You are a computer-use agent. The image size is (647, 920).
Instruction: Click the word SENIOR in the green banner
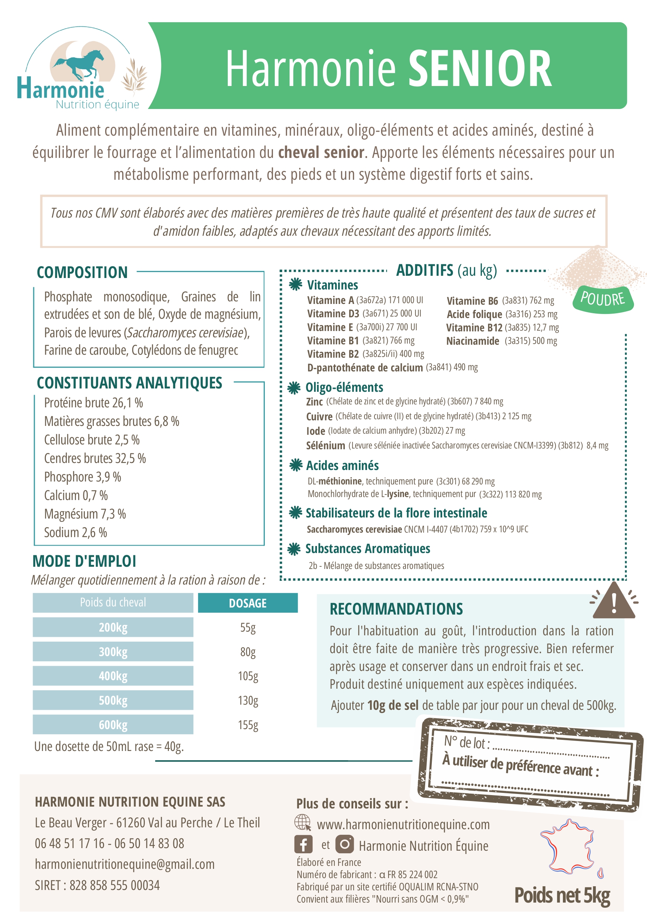[480, 69]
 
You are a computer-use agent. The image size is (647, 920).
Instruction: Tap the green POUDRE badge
[603, 299]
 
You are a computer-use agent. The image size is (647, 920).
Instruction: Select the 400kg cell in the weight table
[113, 676]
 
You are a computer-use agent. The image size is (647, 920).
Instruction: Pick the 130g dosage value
[248, 701]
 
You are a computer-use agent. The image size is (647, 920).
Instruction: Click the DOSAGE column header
[247, 603]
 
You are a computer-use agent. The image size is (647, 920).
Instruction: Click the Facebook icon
[303, 845]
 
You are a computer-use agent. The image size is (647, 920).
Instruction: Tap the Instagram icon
[344, 844]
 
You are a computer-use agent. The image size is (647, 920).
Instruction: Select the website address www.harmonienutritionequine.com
[403, 825]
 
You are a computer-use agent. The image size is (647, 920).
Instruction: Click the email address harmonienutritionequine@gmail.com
[124, 864]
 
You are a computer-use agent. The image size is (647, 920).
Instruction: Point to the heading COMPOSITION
[82, 272]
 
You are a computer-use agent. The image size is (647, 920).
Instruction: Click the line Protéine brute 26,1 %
[93, 403]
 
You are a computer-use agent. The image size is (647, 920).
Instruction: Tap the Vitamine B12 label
[474, 328]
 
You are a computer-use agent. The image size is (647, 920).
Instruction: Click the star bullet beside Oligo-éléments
[294, 387]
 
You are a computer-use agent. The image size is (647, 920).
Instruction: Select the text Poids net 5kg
[562, 895]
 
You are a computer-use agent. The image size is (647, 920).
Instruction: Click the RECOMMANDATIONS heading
[396, 609]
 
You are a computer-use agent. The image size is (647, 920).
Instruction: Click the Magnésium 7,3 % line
[85, 514]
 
